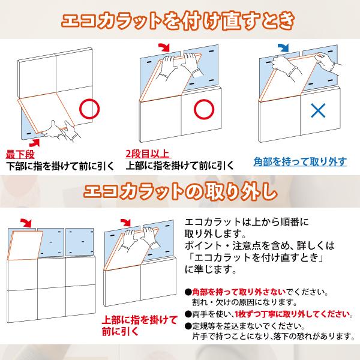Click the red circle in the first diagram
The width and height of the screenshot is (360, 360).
pyautogui.click(x=89, y=109)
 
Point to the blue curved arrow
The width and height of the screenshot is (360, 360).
pyautogui.click(x=283, y=47)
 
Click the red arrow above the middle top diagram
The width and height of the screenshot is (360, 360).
pyautogui.click(x=163, y=47)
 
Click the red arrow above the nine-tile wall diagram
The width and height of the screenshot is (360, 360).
pyautogui.click(x=27, y=222)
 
